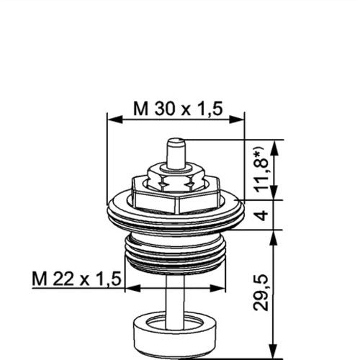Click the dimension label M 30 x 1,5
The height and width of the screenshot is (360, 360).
[x=178, y=109]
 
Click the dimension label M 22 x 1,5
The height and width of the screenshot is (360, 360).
[x=76, y=279]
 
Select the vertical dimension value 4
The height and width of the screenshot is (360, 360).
[x=263, y=215]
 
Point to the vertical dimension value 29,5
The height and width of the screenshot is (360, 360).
[x=261, y=292]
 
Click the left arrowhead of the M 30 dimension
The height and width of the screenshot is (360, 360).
[x=115, y=119]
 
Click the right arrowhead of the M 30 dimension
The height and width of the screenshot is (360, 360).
[x=237, y=119]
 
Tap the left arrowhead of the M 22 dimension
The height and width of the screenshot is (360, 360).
[x=133, y=288]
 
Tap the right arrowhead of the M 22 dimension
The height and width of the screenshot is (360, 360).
[x=217, y=288]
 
